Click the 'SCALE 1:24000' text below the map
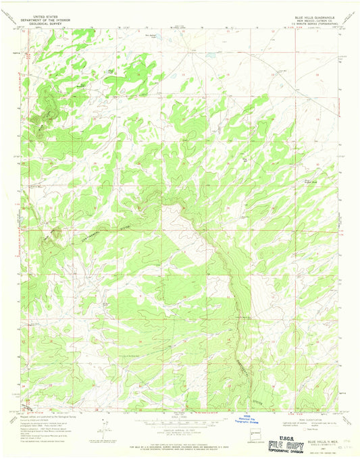coord(180,412)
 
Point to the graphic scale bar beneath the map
coord(180,419)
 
